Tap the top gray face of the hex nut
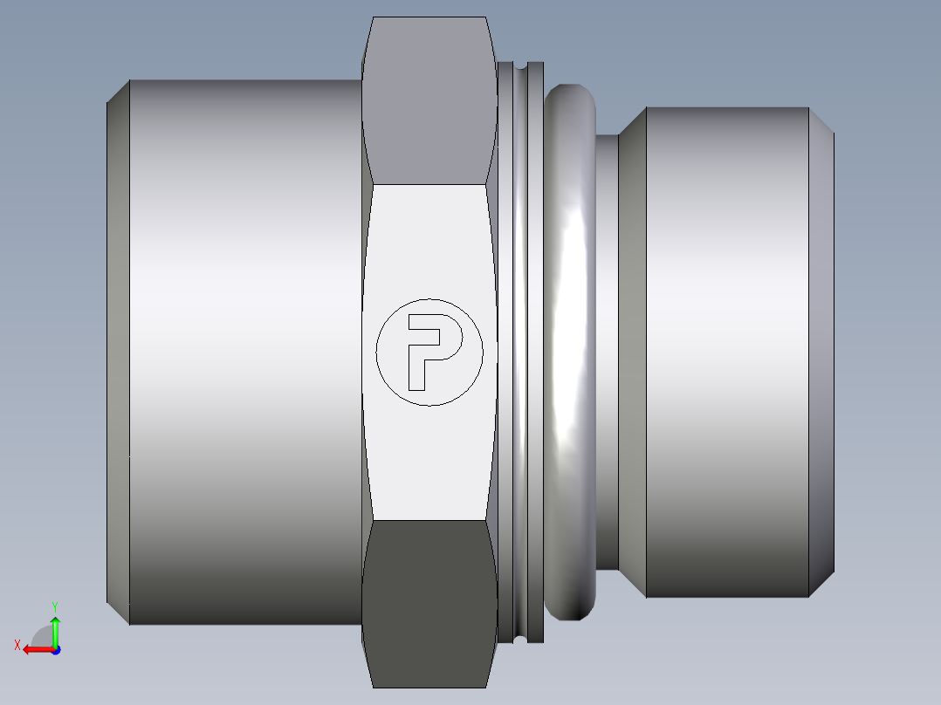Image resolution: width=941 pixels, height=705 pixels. pos(429,101)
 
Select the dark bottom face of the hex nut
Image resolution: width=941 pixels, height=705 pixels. pos(429,604)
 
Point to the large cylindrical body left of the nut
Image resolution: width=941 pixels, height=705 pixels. pos(245,352)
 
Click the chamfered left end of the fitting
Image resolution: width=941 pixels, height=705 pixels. pos(118,352)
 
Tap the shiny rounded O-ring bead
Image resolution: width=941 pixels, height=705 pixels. pos(570,352)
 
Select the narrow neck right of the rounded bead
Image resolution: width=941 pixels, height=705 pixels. pos(607,352)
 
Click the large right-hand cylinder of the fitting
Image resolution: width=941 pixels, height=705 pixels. pos(727,352)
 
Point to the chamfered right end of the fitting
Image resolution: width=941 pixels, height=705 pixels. pos(821,352)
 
